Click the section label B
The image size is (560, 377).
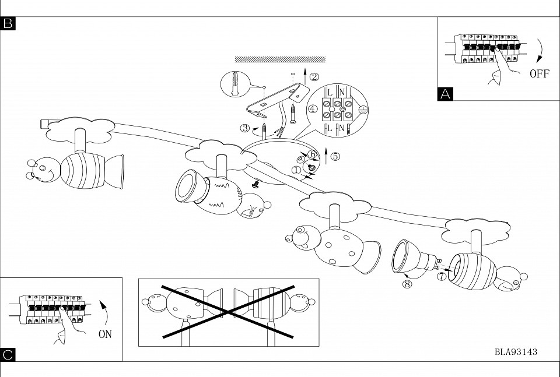pos(8,23)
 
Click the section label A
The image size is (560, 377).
pos(445,94)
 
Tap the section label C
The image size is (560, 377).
pos(8,354)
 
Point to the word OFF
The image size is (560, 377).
pos(539,74)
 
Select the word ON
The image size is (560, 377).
pos(105,334)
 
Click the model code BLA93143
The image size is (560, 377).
pos(516,352)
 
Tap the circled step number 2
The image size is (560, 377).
pos(314,76)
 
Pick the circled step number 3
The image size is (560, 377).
pos(246,128)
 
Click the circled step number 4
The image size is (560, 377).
pos(313,108)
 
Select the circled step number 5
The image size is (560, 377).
pos(335,156)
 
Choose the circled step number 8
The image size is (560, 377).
pos(407,284)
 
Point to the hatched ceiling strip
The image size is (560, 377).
pos(279,59)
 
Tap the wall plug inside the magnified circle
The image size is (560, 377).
pos(235,84)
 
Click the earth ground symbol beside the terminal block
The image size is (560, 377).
pos(362,109)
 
